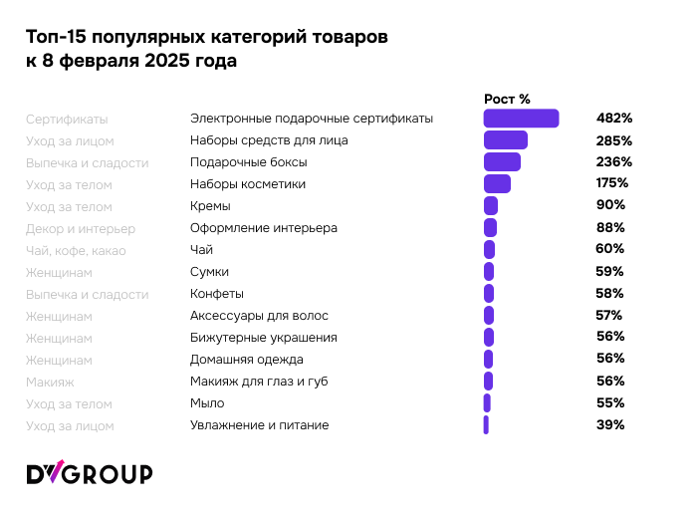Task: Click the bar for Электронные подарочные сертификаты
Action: click(x=521, y=119)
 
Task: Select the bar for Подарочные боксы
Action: click(x=502, y=162)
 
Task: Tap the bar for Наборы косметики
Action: click(x=497, y=184)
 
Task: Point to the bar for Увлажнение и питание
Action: click(x=486, y=425)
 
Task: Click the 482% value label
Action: click(x=613, y=119)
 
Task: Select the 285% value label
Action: click(x=613, y=140)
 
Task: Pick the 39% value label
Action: click(x=610, y=425)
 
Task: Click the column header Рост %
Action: click(x=507, y=99)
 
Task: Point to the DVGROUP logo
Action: click(x=89, y=473)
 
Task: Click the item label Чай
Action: click(x=201, y=250)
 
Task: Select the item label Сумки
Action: click(x=209, y=272)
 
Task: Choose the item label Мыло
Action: click(x=207, y=403)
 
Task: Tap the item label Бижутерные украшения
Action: click(x=263, y=338)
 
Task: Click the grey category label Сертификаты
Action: click(x=67, y=119)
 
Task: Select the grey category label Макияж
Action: click(x=50, y=382)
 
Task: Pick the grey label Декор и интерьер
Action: click(x=81, y=228)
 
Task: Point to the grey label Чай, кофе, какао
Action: click(x=76, y=250)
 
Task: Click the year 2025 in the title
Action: click(x=175, y=61)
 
